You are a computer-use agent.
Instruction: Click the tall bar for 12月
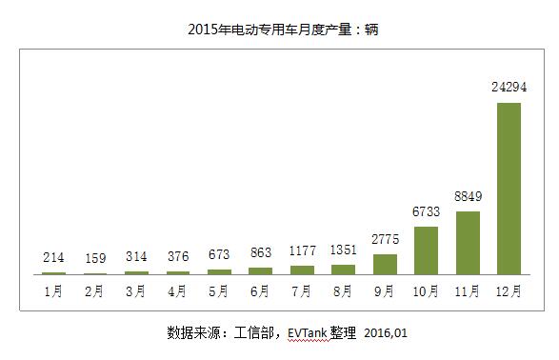pyautogui.click(x=509, y=189)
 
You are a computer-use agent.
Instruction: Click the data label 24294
pyautogui.click(x=509, y=88)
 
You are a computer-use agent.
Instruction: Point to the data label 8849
pyautogui.click(x=468, y=198)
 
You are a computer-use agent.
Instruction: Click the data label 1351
pyautogui.click(x=343, y=250)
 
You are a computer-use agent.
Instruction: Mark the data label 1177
pyautogui.click(x=302, y=251)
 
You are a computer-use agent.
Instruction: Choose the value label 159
pyautogui.click(x=95, y=257)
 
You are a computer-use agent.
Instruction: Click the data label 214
pyautogui.click(x=54, y=257)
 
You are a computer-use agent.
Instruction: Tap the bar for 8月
pyautogui.click(x=343, y=270)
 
